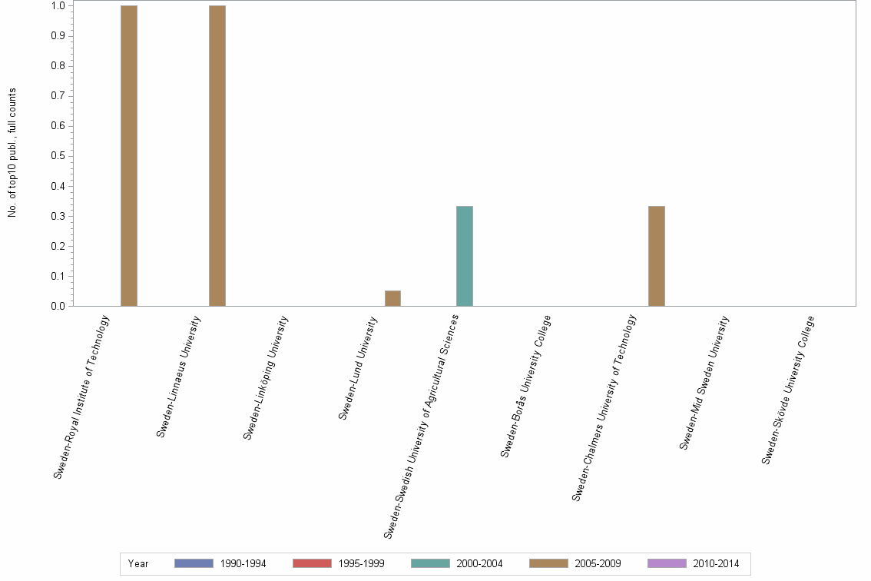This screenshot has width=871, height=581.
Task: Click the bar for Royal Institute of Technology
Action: click(128, 156)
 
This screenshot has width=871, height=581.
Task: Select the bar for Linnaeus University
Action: click(217, 156)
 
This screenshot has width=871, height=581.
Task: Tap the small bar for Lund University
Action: click(392, 298)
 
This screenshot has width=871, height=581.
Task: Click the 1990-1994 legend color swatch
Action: click(194, 563)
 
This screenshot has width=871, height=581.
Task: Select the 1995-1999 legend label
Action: click(361, 563)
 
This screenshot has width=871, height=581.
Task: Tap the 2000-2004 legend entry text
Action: click(479, 563)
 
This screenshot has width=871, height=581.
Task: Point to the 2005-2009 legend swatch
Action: click(548, 563)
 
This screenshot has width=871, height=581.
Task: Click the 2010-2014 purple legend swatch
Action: click(667, 563)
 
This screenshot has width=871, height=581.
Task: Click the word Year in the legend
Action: click(138, 563)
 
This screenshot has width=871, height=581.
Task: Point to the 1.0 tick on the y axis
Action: click(57, 6)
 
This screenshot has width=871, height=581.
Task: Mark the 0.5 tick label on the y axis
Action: click(57, 156)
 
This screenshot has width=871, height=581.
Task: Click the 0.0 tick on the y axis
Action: click(57, 306)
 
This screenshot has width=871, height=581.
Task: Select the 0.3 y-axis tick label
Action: click(57, 216)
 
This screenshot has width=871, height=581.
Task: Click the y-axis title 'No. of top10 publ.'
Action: click(12, 153)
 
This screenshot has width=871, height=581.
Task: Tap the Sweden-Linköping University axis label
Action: click(266, 377)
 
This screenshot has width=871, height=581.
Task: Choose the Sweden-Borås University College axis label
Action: click(526, 387)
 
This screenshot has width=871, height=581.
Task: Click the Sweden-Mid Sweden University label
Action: click(704, 382)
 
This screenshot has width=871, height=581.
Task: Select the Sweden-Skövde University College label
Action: click(788, 390)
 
